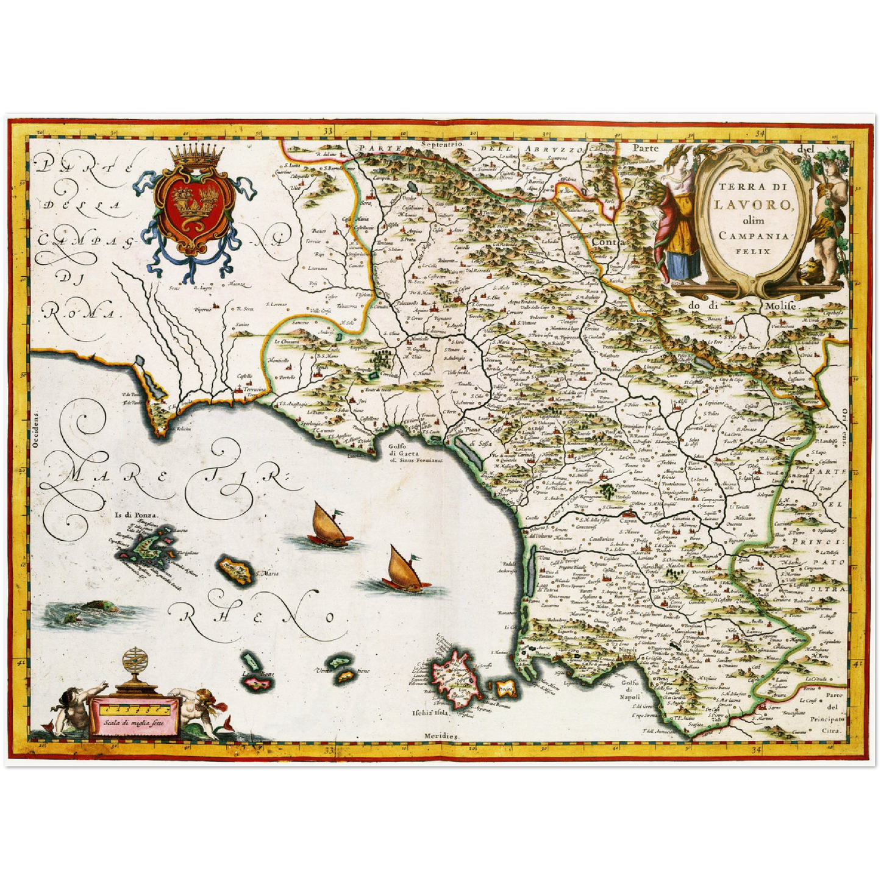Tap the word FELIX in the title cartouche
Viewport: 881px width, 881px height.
tap(754, 250)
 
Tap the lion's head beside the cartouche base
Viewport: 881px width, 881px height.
tap(811, 271)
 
